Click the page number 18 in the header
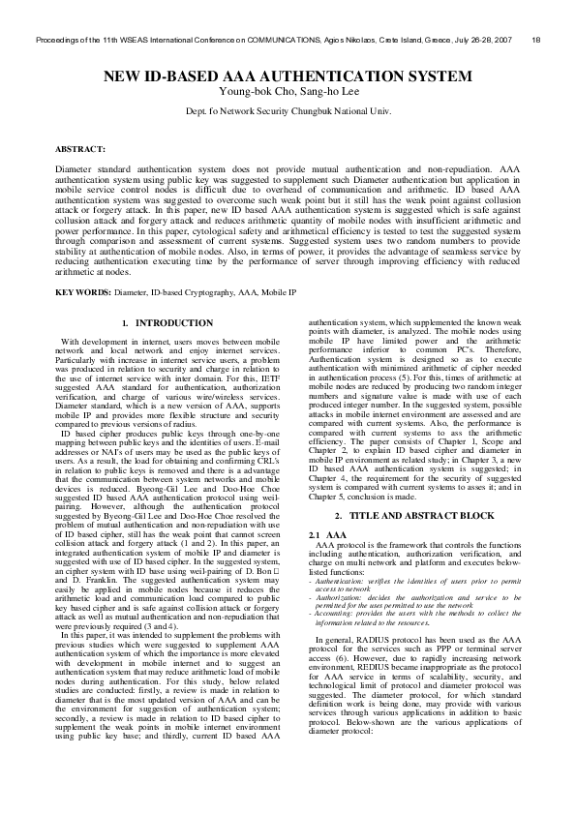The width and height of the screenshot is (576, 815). coord(536,40)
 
